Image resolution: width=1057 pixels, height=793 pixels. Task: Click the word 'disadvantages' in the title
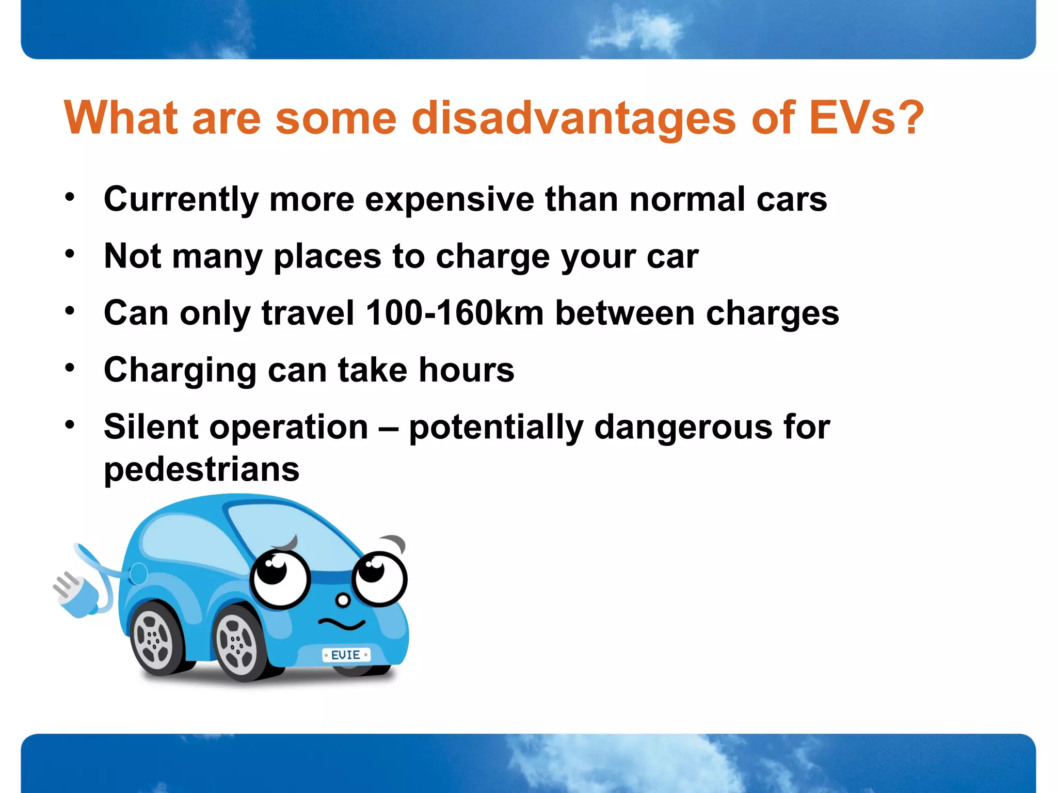pyautogui.click(x=573, y=118)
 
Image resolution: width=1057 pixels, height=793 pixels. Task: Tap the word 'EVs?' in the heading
pyautogui.click(x=866, y=118)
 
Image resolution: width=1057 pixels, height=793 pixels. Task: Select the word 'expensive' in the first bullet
pyautogui.click(x=449, y=199)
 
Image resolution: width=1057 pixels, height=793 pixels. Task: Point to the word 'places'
pyautogui.click(x=327, y=257)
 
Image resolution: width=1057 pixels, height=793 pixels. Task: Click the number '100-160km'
pyautogui.click(x=455, y=313)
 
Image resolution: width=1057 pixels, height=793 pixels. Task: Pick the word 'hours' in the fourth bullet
pyautogui.click(x=467, y=370)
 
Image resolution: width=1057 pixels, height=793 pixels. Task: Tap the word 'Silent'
pyautogui.click(x=151, y=427)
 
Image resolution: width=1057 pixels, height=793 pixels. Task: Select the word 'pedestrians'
pyautogui.click(x=201, y=469)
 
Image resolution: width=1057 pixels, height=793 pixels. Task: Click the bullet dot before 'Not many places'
pyautogui.click(x=70, y=253)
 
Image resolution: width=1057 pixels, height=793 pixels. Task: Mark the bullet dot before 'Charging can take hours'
pyautogui.click(x=70, y=368)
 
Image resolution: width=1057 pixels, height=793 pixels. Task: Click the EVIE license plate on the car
pyautogui.click(x=346, y=655)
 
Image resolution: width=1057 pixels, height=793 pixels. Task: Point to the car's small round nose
pyautogui.click(x=343, y=600)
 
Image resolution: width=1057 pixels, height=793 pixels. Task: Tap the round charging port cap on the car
pyautogui.click(x=138, y=574)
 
